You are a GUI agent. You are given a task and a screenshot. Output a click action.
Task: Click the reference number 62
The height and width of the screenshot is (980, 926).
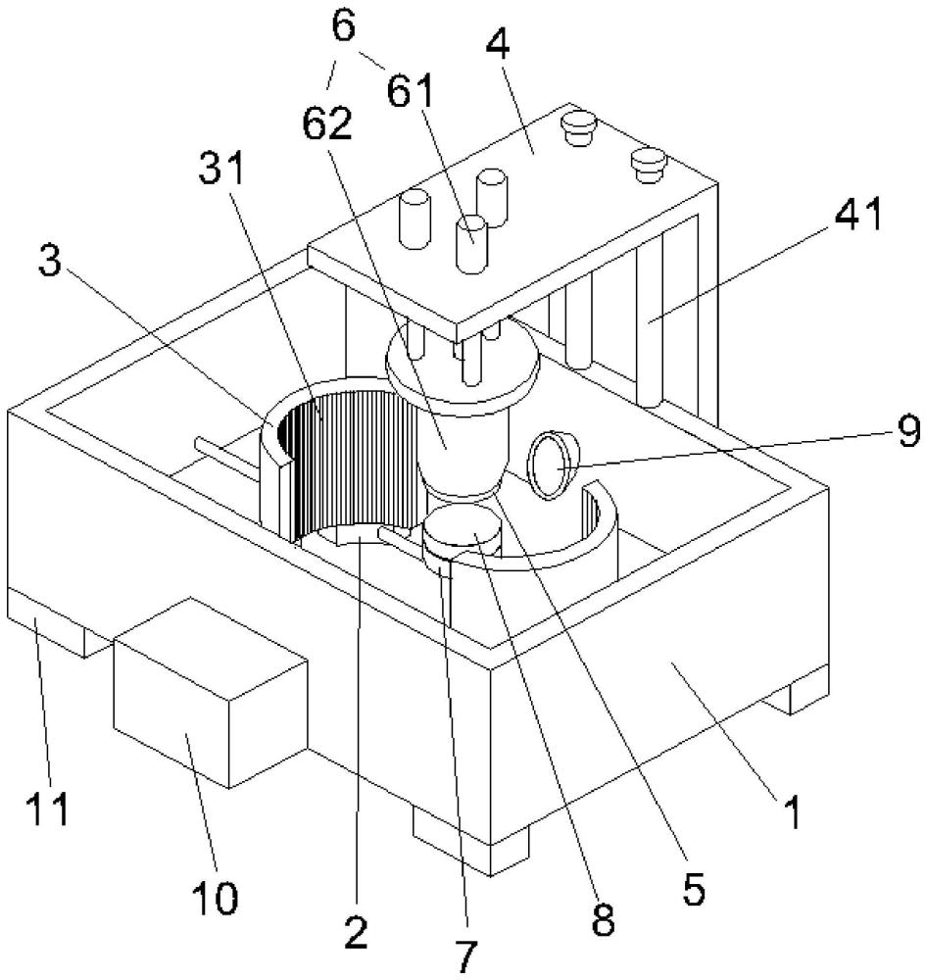pyautogui.click(x=327, y=123)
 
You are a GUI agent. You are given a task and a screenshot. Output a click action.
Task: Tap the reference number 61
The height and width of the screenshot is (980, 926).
pyautogui.click(x=410, y=92)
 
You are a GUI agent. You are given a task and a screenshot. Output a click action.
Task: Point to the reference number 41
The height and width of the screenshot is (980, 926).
pyautogui.click(x=858, y=214)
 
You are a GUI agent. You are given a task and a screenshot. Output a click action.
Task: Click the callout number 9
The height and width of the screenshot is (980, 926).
pyautogui.click(x=908, y=431)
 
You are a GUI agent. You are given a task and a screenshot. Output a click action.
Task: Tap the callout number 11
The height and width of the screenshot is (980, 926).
pyautogui.click(x=47, y=810)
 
